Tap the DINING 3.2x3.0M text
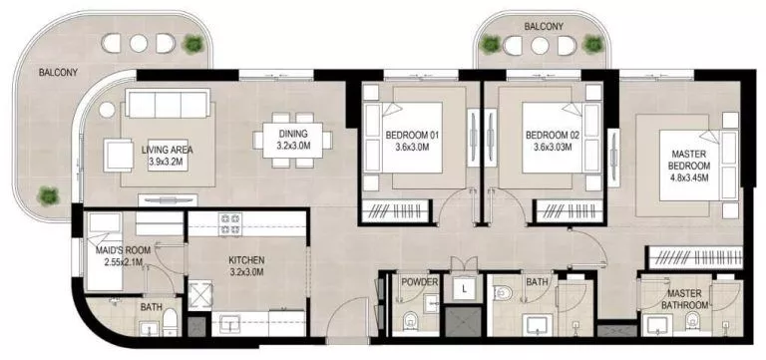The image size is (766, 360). click(292, 140)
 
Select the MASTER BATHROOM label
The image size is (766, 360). click(688, 298)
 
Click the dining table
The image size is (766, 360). click(292, 140)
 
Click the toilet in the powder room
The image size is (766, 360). click(411, 321)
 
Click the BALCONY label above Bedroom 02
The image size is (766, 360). click(544, 27)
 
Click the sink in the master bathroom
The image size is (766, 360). click(657, 324)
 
